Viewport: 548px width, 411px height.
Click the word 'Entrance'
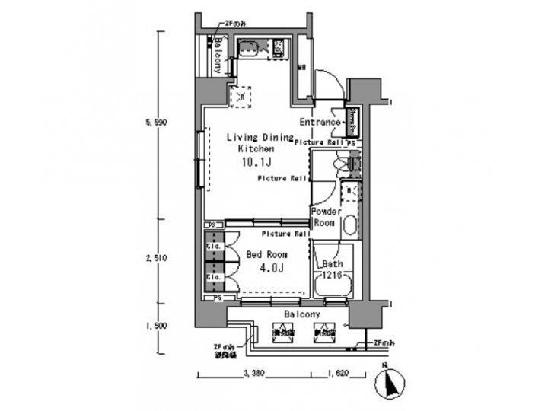[x=320, y=123]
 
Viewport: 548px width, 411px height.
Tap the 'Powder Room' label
[x=325, y=218]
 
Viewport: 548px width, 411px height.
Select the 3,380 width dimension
[x=254, y=374]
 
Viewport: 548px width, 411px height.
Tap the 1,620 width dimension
[x=339, y=374]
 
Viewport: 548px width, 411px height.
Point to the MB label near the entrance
[x=302, y=66]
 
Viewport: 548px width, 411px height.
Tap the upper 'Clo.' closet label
[x=212, y=247]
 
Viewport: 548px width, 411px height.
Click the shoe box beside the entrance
[x=352, y=119]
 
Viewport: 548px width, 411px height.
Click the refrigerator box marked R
[x=241, y=97]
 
